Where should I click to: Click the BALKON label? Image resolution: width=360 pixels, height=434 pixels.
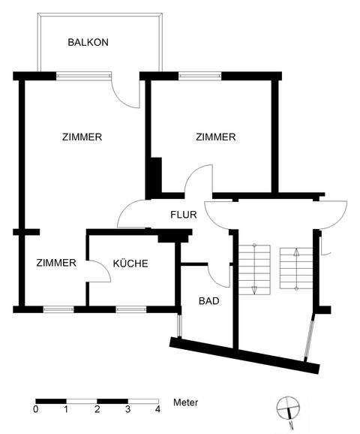tap(88, 43)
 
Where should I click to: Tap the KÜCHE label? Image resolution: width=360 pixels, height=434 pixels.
tap(130, 264)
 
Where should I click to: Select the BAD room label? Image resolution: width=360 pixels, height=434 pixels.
tap(208, 301)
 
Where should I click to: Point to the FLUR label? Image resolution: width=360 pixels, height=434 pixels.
tap(183, 215)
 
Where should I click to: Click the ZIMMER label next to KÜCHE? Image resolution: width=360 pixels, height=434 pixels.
tap(56, 263)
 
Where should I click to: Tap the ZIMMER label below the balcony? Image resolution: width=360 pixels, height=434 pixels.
tap(82, 137)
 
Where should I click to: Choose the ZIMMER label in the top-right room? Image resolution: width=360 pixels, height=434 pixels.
tap(215, 137)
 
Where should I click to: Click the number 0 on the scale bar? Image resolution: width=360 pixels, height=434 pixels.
tap(36, 410)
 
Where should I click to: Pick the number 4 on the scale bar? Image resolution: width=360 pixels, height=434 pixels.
tap(157, 410)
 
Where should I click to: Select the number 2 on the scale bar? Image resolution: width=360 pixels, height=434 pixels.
tap(97, 410)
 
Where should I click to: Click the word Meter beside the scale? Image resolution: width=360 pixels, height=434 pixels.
tap(185, 403)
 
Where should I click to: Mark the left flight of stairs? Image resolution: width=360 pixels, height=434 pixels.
tap(255, 269)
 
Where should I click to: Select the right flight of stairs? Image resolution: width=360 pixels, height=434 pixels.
tap(295, 269)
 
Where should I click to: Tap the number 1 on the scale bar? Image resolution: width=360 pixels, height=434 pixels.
tap(66, 410)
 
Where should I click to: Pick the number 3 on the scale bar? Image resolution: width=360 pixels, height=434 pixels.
tap(127, 410)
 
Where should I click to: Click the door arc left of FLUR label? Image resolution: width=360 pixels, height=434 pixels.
tap(130, 214)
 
